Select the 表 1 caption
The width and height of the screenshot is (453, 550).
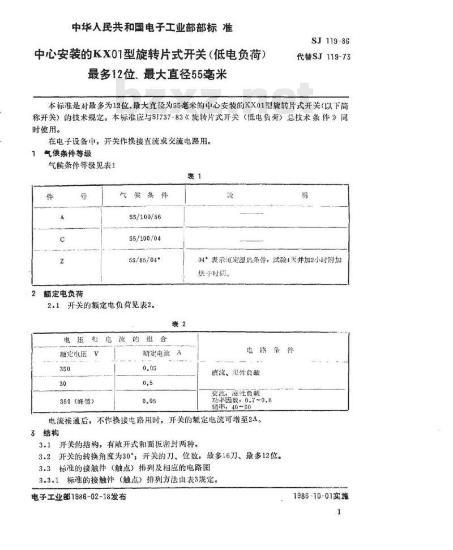pos(194,176)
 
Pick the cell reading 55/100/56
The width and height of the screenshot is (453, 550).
pos(145,216)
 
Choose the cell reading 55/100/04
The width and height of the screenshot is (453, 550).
pos(145,237)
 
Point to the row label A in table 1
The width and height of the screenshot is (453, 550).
pos(62,216)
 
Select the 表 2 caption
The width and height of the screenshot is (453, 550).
pos(179,323)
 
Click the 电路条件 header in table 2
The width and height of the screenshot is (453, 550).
pos(270,351)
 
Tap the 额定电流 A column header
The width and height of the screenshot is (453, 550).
pos(156,352)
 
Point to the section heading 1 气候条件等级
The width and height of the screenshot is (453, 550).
pos(61,154)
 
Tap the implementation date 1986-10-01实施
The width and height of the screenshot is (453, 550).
pos(322,496)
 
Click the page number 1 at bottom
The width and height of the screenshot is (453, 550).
pos(339,512)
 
